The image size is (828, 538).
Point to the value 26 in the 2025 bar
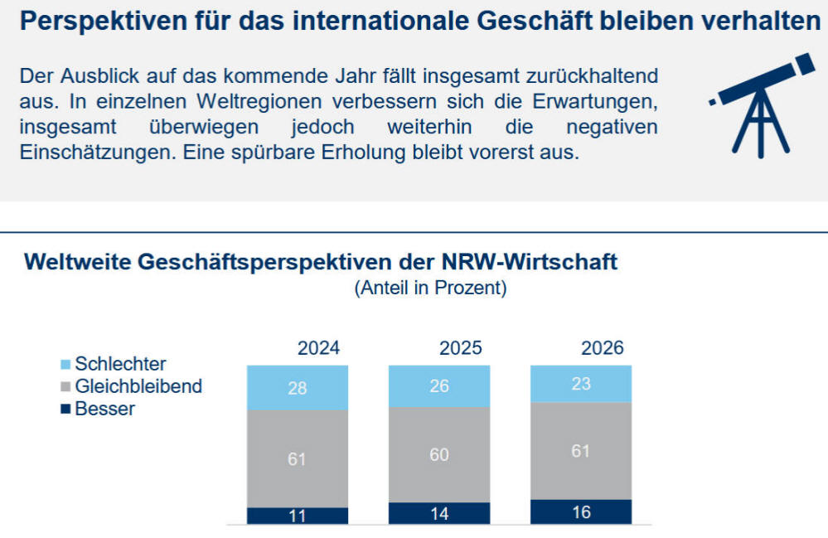439,386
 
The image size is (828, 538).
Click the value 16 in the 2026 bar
581,512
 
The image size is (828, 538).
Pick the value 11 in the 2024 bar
298,516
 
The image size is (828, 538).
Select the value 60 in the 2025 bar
439,455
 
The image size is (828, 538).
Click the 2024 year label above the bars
318,348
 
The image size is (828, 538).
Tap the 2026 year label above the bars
603,348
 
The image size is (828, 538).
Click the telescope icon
762,104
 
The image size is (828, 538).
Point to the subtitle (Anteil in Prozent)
430,288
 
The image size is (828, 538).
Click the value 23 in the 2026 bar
581,384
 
